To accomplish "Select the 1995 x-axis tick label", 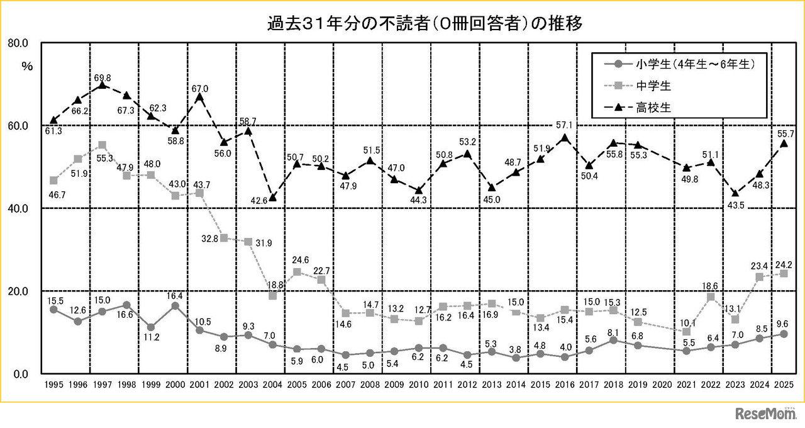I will tap(53, 385).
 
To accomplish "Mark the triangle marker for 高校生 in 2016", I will tap(565, 138).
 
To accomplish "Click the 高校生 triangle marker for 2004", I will tap(272, 198).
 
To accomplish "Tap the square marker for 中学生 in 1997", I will tap(102, 145).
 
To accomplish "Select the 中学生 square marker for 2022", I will tap(711, 297).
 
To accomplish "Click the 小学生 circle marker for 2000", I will tap(175, 306).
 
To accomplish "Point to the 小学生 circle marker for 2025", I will tap(784, 334).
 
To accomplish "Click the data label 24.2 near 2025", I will tap(784, 264).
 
